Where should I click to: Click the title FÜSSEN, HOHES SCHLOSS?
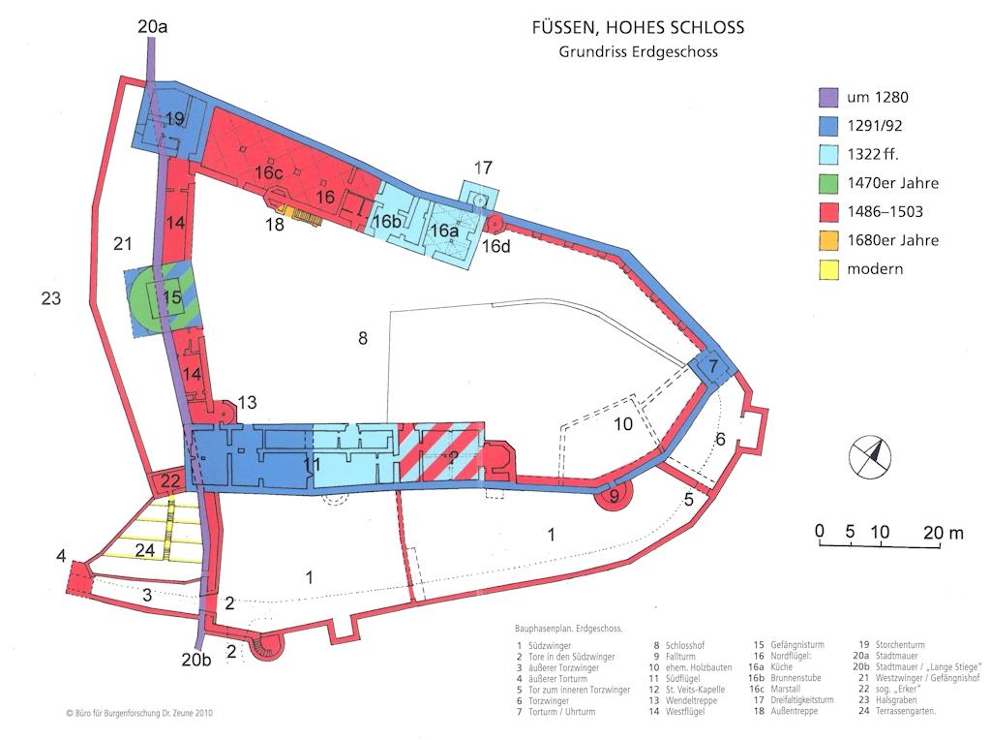[x=638, y=27]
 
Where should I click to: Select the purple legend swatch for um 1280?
[x=828, y=98]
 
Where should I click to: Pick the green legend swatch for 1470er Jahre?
[x=828, y=183]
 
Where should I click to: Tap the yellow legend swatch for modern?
[x=828, y=269]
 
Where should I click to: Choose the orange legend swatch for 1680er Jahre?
[x=828, y=240]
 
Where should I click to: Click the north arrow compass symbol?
[x=870, y=456]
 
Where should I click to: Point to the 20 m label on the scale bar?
[x=943, y=533]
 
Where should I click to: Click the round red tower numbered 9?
[x=613, y=495]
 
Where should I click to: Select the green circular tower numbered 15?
[x=163, y=297]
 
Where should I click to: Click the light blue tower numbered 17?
[x=478, y=197]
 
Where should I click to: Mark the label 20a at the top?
[x=152, y=28]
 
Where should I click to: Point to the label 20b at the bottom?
[x=195, y=660]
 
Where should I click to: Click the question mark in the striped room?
[x=453, y=458]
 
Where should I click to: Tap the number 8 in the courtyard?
[x=363, y=338]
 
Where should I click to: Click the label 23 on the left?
[x=51, y=298]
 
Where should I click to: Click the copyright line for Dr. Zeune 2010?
[x=139, y=713]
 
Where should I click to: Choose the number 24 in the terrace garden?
[x=145, y=550]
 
